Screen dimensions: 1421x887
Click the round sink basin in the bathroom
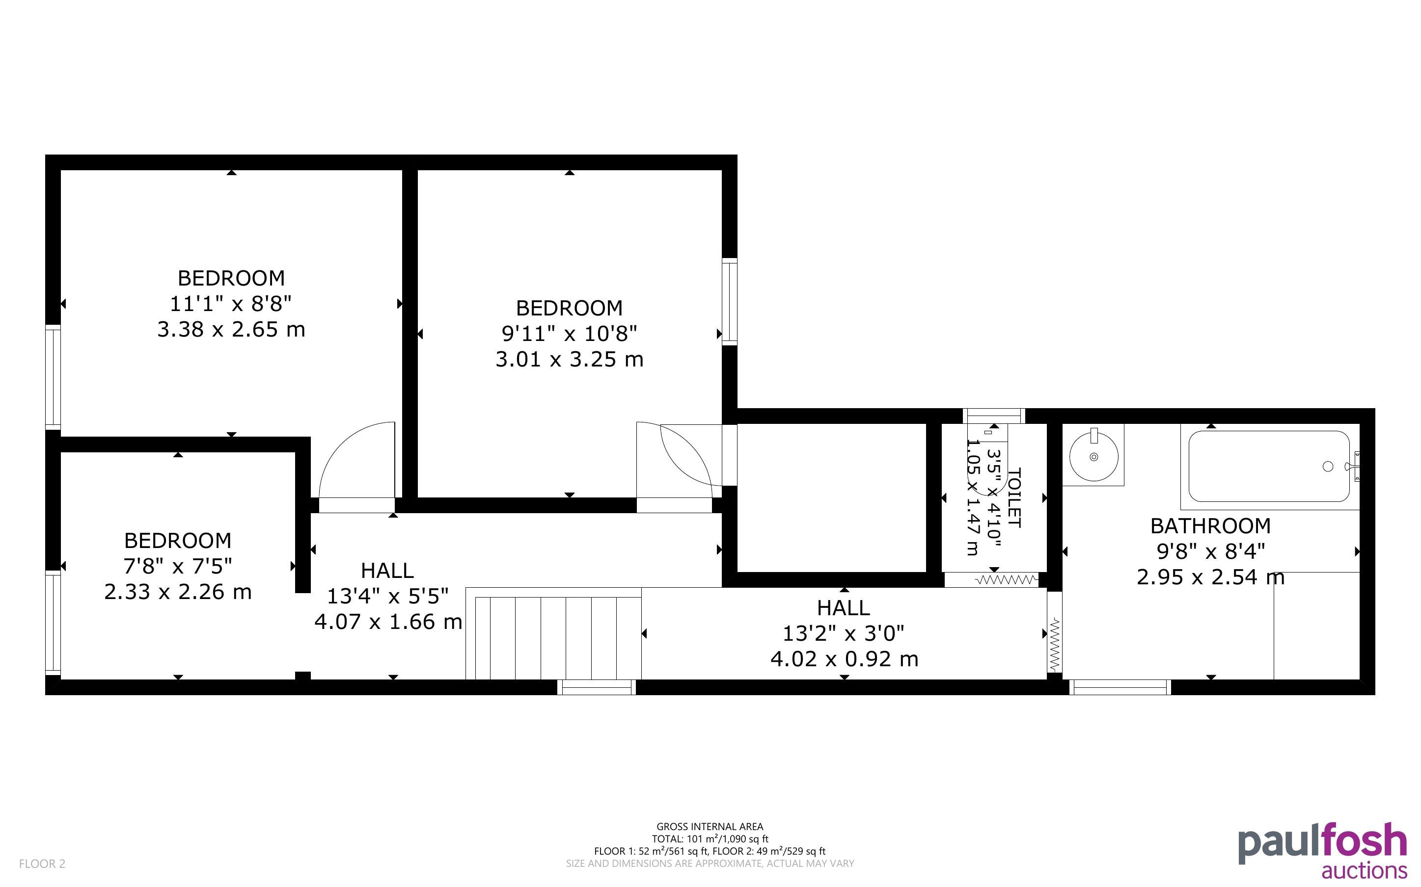pyautogui.click(x=1093, y=456)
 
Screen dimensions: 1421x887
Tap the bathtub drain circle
pyautogui.click(x=1328, y=467)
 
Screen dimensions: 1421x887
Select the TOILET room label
pyautogui.click(x=1014, y=497)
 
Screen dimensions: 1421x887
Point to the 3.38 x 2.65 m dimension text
pyautogui.click(x=231, y=329)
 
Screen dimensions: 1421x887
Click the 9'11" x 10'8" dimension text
pyautogui.click(x=570, y=333)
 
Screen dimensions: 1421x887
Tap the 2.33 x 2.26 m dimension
pyautogui.click(x=178, y=591)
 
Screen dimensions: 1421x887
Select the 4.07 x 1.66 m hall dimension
pyautogui.click(x=388, y=621)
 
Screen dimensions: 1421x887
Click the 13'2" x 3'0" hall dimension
pyautogui.click(x=844, y=633)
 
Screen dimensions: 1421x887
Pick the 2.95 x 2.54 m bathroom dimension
pyautogui.click(x=1210, y=577)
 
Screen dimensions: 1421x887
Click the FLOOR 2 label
pyautogui.click(x=42, y=863)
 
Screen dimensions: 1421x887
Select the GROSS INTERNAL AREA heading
pyautogui.click(x=710, y=827)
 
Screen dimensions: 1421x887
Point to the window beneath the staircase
pyautogui.click(x=596, y=687)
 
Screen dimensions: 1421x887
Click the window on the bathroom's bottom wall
pyautogui.click(x=1120, y=687)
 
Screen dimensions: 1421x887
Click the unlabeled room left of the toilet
pyautogui.click(x=832, y=497)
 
